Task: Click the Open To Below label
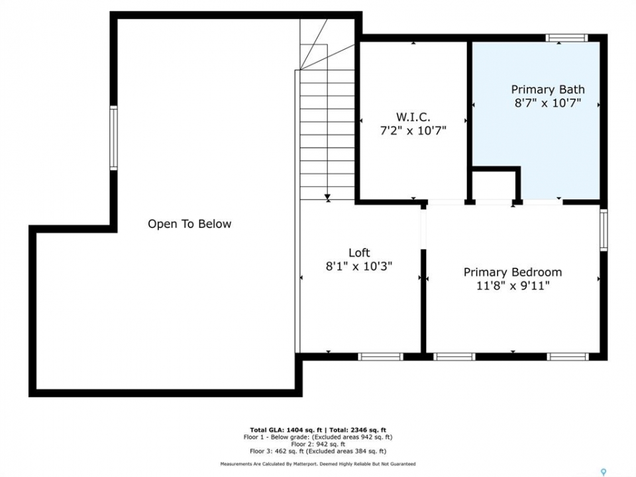(x=189, y=224)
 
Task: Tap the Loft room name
(x=359, y=252)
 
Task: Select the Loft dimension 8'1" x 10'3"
(x=359, y=266)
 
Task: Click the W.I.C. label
(x=413, y=117)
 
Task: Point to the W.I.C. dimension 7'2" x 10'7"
(x=413, y=131)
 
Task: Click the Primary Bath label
(x=548, y=89)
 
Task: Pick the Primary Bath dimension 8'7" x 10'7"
(x=548, y=103)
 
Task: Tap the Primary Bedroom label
(x=513, y=272)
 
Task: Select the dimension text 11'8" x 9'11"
(x=513, y=286)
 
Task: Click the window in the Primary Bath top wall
(x=566, y=38)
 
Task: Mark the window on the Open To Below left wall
(x=113, y=138)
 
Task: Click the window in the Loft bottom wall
(x=380, y=356)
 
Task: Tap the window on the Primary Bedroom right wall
(x=604, y=230)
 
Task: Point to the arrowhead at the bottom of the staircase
(x=327, y=197)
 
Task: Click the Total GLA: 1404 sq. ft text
(x=286, y=430)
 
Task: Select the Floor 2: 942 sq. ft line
(x=317, y=444)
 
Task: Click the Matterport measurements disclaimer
(x=317, y=464)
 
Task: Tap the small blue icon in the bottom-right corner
(x=603, y=472)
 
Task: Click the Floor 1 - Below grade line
(x=317, y=437)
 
